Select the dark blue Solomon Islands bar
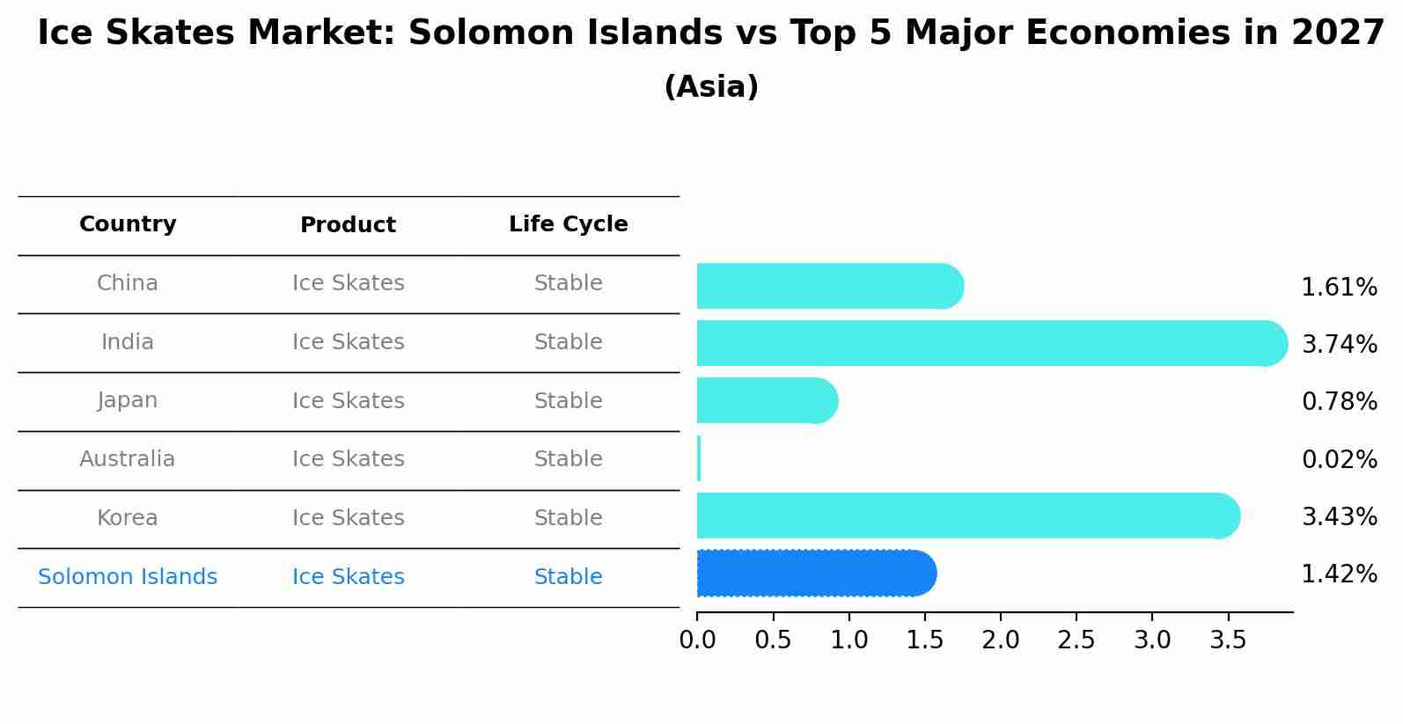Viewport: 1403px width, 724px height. click(815, 574)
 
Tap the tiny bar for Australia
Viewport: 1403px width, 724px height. click(699, 458)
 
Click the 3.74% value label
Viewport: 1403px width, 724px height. click(1339, 344)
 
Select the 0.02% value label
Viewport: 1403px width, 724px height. click(1339, 459)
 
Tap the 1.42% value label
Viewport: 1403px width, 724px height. click(1339, 574)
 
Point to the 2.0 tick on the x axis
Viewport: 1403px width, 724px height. click(1001, 640)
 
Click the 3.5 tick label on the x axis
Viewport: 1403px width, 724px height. click(1228, 640)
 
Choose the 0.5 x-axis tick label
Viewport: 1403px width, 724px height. click(773, 640)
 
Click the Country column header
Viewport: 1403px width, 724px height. click(128, 224)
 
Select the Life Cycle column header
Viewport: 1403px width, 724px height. click(568, 224)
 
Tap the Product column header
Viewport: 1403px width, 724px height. click(348, 225)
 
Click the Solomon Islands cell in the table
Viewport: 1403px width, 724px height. click(128, 577)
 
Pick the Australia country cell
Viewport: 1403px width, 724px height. click(128, 459)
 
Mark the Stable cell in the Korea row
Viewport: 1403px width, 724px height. click(568, 518)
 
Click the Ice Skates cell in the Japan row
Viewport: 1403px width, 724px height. click(348, 401)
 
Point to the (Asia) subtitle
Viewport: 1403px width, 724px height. click(711, 87)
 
